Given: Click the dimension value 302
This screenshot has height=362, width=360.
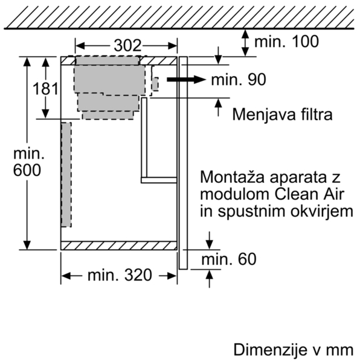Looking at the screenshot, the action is [127, 45].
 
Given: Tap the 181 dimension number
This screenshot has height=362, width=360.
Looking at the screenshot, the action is [45, 89].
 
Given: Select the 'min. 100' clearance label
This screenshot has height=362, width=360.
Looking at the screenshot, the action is [286, 42].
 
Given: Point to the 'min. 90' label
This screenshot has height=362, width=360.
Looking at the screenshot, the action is [239, 80].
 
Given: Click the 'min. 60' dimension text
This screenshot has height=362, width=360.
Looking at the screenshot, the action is [229, 259].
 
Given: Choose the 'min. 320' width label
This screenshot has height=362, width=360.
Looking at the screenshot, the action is [120, 275].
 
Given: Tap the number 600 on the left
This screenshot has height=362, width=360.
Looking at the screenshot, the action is [27, 170].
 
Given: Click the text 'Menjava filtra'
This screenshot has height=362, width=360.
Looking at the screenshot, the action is [282, 114].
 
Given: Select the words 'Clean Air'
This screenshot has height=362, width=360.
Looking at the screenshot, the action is [309, 194].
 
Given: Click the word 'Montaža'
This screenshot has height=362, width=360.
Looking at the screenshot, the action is [232, 177].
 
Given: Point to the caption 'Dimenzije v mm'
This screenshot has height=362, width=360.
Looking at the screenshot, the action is [294, 350].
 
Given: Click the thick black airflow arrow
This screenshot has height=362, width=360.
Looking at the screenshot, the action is [186, 80].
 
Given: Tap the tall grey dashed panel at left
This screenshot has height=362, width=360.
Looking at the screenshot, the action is [66, 175].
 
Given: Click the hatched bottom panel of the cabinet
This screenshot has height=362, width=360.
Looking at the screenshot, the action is [119, 246].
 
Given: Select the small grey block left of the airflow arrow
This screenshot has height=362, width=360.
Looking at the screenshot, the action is [155, 84].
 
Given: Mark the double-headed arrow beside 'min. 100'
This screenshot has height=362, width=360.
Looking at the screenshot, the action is [245, 43].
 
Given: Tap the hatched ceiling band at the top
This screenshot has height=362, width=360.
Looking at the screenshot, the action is [179, 17].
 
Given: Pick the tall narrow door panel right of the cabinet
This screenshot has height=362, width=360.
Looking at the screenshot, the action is [183, 163].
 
